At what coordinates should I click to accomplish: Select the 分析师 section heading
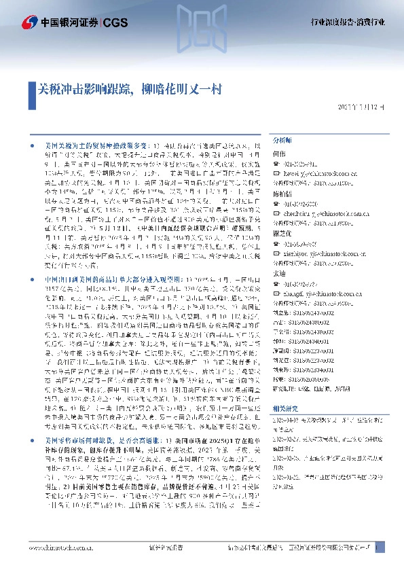click(282, 139)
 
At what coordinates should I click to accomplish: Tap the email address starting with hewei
click(318, 173)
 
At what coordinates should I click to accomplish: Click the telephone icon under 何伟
click(275, 164)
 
